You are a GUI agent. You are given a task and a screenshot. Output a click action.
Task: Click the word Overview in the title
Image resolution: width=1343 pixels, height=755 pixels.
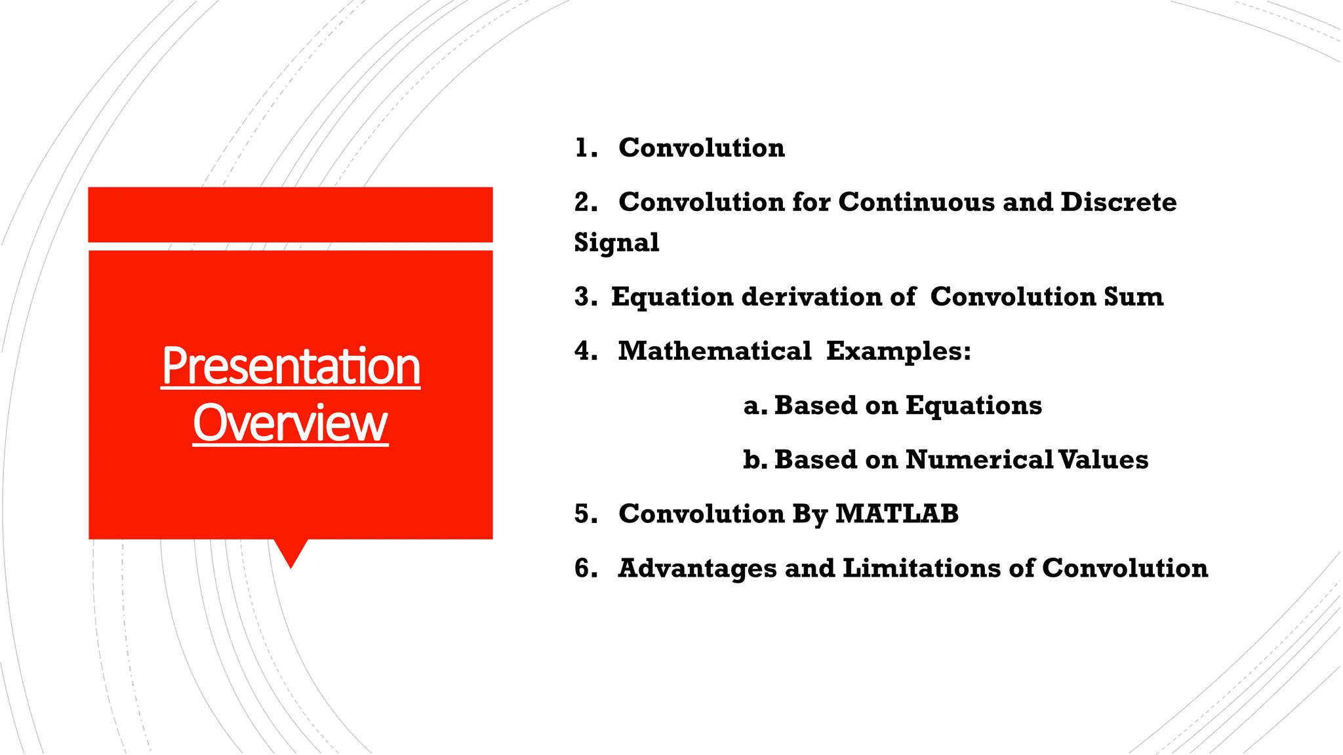tap(291, 423)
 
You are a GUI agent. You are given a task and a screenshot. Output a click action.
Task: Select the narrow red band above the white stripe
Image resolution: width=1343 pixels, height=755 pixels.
tap(291, 214)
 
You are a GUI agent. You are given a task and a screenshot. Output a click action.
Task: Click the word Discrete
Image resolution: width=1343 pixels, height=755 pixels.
tap(1118, 202)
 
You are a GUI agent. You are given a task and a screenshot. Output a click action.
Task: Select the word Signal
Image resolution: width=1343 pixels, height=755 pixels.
tap(616, 243)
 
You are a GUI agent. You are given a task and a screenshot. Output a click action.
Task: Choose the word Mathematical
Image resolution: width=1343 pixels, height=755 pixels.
tap(715, 351)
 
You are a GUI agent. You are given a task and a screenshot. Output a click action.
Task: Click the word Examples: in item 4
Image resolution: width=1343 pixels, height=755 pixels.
tap(898, 351)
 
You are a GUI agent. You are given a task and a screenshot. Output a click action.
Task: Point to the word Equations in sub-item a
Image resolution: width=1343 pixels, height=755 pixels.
tap(974, 406)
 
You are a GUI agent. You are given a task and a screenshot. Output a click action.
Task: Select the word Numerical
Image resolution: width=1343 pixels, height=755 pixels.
tap(979, 459)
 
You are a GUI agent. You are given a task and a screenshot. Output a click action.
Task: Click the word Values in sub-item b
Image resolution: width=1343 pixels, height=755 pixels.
tap(1103, 459)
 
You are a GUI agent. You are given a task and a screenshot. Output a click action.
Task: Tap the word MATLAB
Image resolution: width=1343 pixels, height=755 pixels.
tap(896, 514)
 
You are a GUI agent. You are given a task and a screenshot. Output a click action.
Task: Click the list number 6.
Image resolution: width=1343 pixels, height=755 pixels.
tap(584, 568)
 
